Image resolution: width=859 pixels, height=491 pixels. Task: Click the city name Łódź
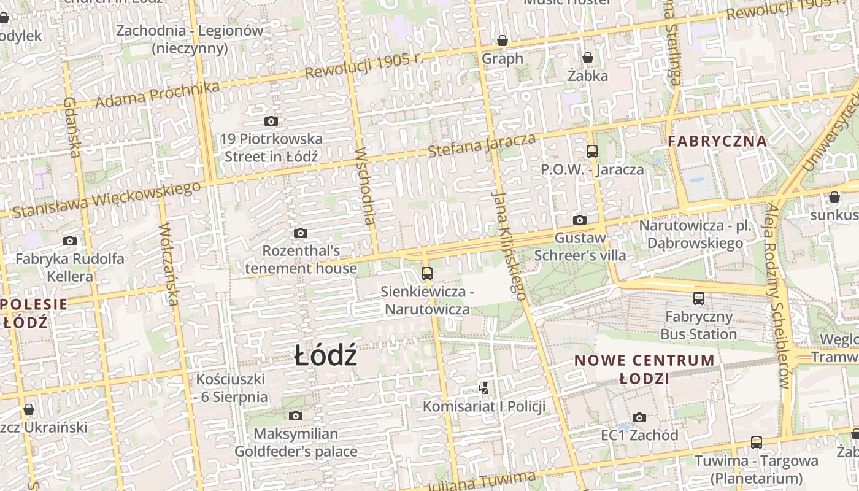point(325,356)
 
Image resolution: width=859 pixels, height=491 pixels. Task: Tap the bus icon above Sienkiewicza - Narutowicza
point(427,274)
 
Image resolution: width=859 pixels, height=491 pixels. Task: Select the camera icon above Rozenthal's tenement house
point(300,233)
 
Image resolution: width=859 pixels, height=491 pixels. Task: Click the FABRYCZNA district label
point(717,141)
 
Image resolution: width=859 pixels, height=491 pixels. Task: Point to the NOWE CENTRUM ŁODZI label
point(644,369)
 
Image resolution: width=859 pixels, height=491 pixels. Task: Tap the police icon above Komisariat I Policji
point(484,388)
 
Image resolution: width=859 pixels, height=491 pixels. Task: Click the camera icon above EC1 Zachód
point(639,417)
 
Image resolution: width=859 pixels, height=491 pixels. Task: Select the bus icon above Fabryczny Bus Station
point(699,298)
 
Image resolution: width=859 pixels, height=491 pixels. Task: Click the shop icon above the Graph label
point(503,41)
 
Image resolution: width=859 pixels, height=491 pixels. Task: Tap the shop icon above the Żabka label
point(588,58)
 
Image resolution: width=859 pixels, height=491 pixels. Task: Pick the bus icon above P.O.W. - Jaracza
point(592,151)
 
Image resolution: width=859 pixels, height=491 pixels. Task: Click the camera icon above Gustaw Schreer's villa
point(580,220)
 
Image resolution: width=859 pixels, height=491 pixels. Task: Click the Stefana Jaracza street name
point(482,145)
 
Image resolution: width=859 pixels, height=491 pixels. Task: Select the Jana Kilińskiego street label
point(509,245)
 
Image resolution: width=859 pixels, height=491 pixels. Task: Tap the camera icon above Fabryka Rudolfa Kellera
point(70,241)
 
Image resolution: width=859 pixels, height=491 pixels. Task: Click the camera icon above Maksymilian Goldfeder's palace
point(296,416)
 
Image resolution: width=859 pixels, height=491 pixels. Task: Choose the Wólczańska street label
point(168,264)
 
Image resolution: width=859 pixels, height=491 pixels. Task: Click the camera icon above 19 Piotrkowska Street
point(271,121)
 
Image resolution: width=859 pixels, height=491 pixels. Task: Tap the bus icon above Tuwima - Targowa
point(757,443)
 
